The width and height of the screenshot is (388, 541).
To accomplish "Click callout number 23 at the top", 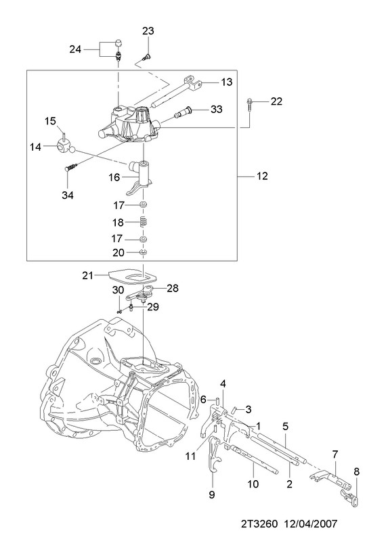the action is point(148,31).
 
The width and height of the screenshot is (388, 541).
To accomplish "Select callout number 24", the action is point(75,49).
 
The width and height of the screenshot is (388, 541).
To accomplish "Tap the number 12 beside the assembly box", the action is point(262,176).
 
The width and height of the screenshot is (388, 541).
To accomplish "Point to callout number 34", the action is point(68,195).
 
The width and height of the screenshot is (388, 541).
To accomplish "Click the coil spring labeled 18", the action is point(142,222).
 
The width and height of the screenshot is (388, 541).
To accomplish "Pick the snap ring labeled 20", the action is point(144,252).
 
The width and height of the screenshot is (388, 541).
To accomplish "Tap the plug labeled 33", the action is point(183,112).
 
